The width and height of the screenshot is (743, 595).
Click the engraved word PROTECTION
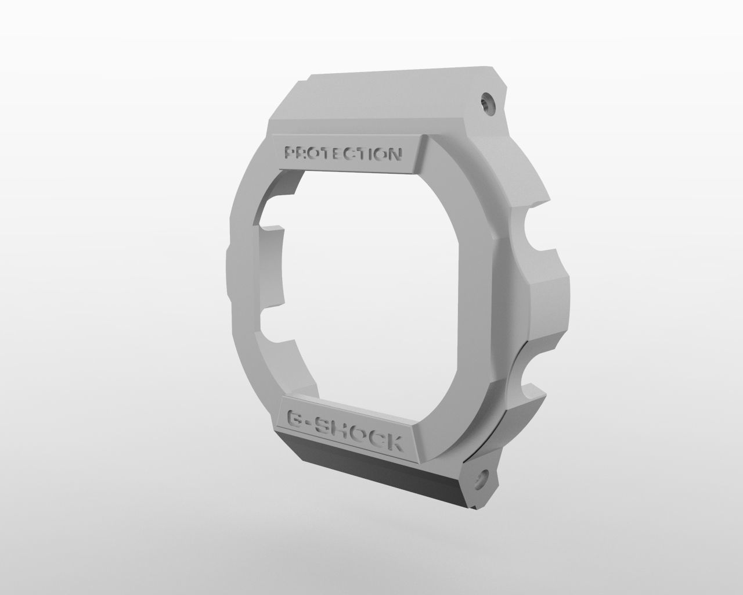click(x=342, y=154)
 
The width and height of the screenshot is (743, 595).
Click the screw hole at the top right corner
click(x=486, y=104)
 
